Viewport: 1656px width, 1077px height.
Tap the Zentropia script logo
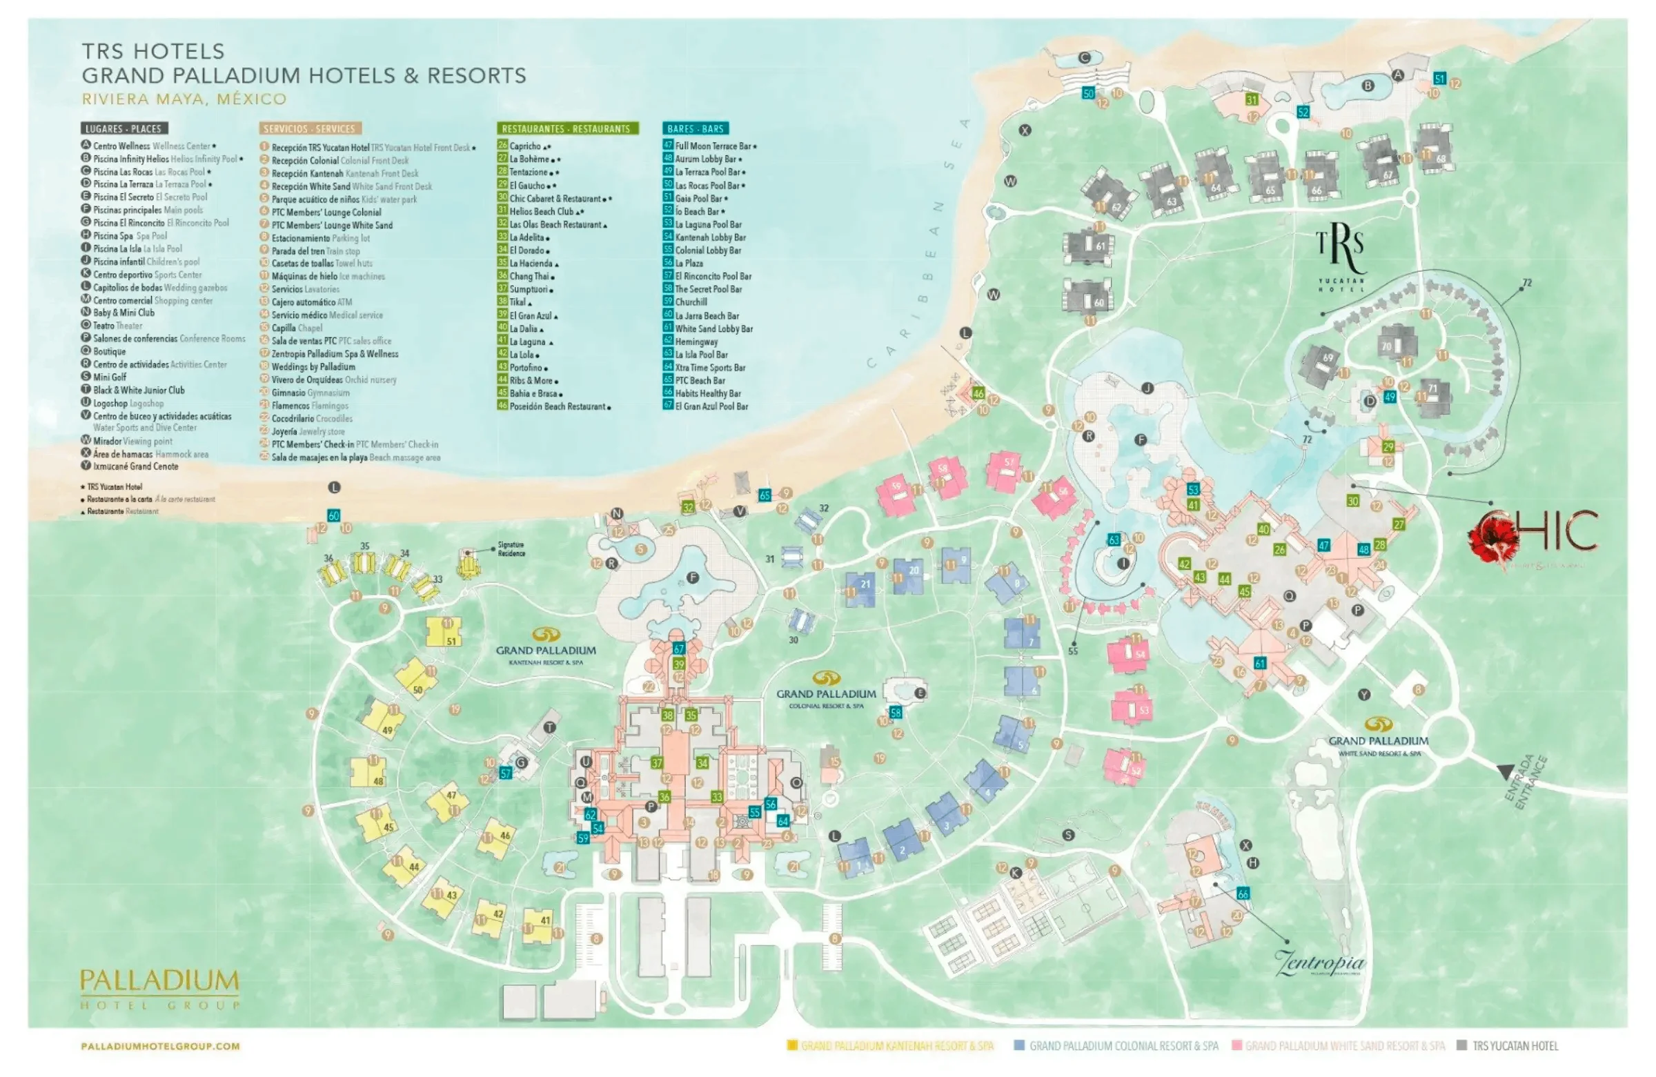point(1319,964)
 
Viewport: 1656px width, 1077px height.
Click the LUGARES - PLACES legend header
point(124,129)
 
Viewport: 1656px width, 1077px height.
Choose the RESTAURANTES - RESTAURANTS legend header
point(566,129)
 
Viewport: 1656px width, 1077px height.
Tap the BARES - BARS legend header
point(695,129)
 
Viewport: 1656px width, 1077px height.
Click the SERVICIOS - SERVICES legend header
point(310,129)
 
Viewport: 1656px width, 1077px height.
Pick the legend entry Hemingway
point(696,342)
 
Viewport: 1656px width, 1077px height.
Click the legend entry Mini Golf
point(109,377)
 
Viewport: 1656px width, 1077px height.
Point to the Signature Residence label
point(511,549)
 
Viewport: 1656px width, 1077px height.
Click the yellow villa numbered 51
point(444,632)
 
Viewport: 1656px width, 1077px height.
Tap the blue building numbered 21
point(861,589)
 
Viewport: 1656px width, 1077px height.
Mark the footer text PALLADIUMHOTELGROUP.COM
point(160,1046)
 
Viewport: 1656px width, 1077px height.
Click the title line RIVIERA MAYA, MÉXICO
point(184,99)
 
